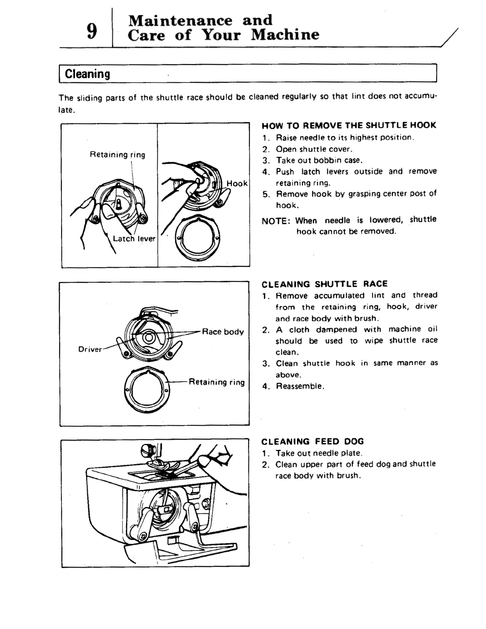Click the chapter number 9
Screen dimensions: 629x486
click(92, 31)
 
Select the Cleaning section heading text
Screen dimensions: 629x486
click(87, 74)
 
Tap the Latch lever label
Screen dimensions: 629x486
click(134, 239)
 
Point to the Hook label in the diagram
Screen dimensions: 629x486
click(237, 183)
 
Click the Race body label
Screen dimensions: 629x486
click(223, 332)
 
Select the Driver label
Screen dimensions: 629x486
click(90, 349)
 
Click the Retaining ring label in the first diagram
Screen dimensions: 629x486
click(118, 154)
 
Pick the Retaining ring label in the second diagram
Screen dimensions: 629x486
click(217, 382)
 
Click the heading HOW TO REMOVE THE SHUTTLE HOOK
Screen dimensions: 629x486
click(349, 125)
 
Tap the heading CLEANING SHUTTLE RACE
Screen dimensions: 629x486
click(324, 284)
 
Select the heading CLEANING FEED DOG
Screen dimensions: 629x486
click(312, 442)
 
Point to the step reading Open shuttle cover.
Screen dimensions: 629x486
click(314, 149)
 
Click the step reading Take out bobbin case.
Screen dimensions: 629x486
click(319, 160)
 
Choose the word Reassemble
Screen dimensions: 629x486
click(300, 386)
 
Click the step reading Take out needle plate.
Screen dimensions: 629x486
click(319, 453)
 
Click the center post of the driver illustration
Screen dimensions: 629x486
click(149, 338)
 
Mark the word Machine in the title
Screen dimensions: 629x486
click(285, 35)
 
